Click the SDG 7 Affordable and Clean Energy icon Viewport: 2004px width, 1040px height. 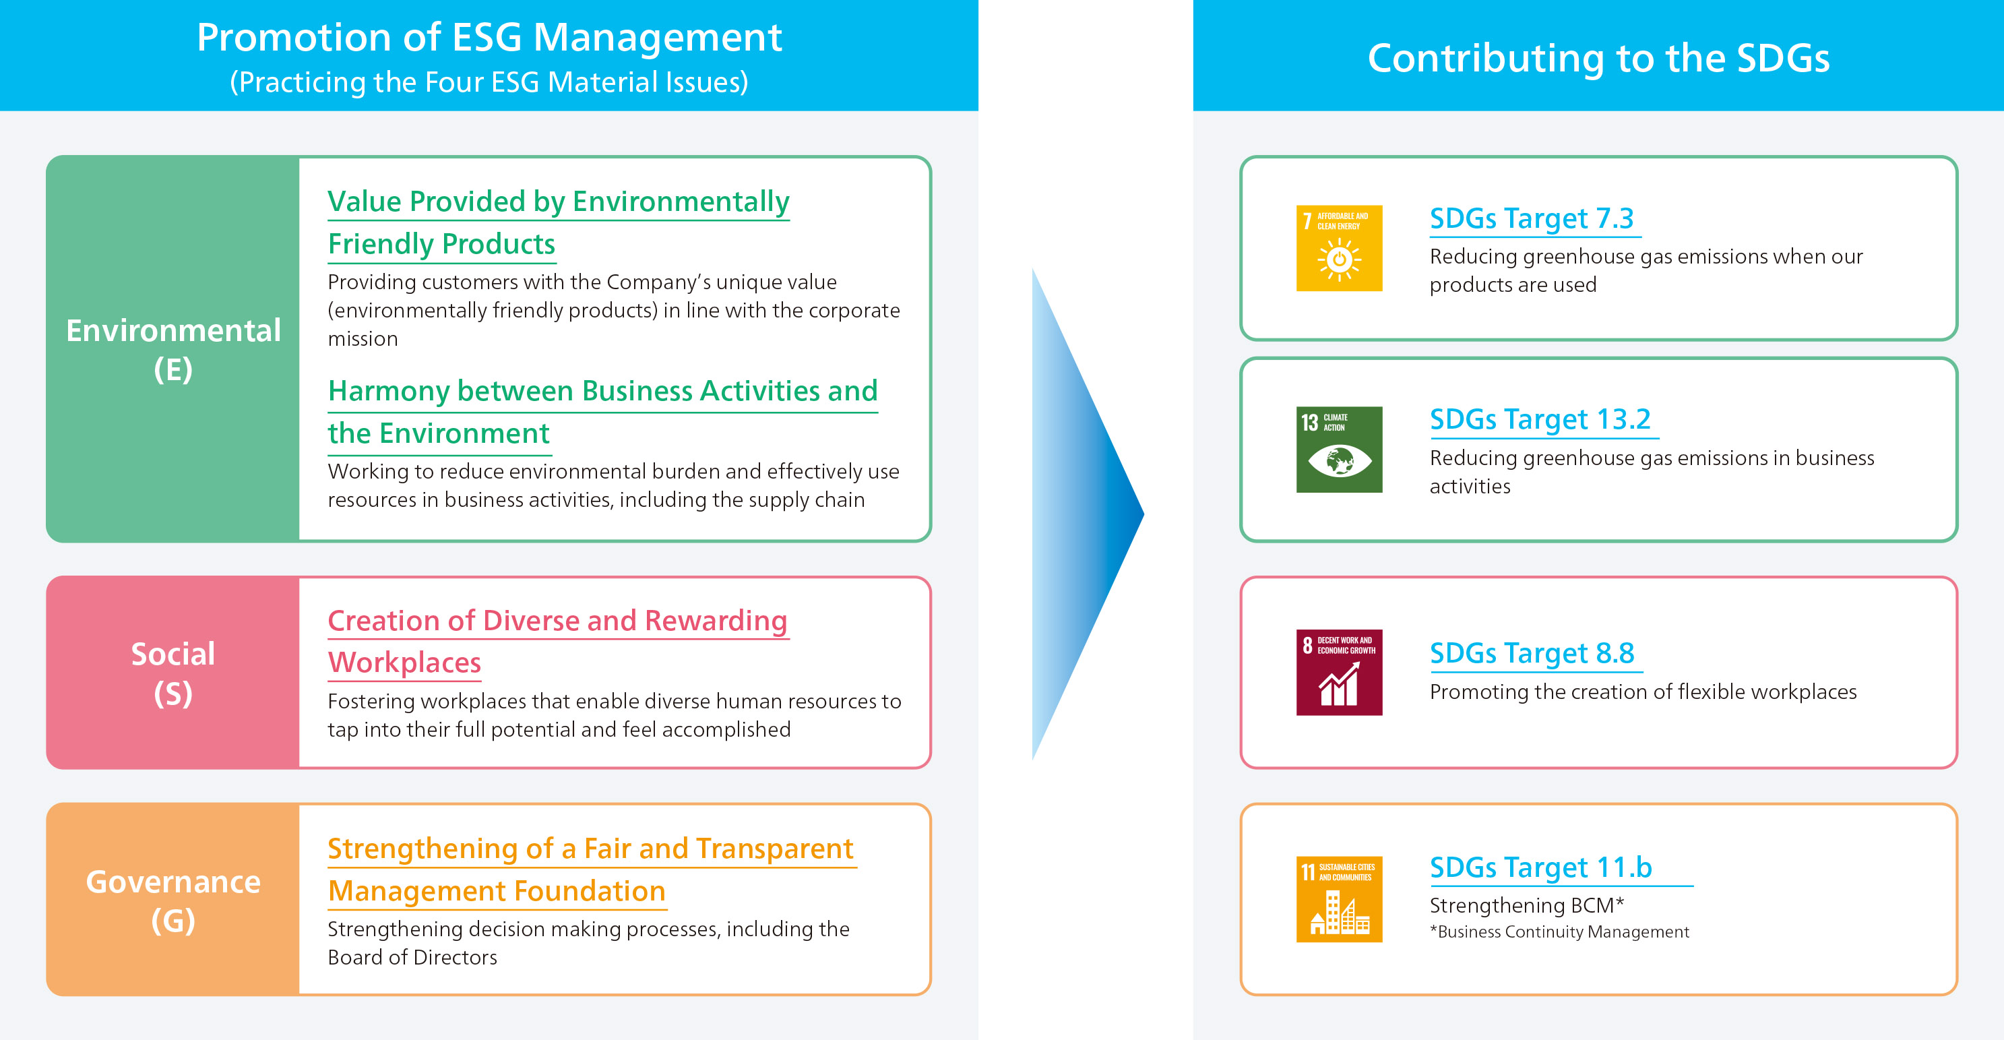point(1339,248)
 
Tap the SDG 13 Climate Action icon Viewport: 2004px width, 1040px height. point(1339,450)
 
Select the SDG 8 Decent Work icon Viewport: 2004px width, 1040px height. point(1339,672)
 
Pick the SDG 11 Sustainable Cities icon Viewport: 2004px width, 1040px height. point(1339,899)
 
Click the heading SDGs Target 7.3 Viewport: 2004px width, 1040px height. point(1531,218)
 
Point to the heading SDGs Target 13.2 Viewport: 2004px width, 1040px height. point(1540,419)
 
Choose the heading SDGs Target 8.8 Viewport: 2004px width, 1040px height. point(1532,653)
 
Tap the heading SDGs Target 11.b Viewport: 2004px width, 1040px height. point(1540,867)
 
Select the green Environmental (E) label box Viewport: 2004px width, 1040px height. point(173,349)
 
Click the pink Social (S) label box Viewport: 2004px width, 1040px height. point(173,673)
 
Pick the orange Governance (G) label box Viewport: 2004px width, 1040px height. point(173,900)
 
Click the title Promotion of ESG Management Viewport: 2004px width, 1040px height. point(489,37)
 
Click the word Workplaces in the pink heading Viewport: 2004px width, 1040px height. point(404,663)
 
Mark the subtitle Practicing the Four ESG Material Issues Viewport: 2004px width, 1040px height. point(489,82)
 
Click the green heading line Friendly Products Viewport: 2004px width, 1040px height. point(441,244)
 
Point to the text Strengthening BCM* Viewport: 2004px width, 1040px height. point(1526,905)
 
